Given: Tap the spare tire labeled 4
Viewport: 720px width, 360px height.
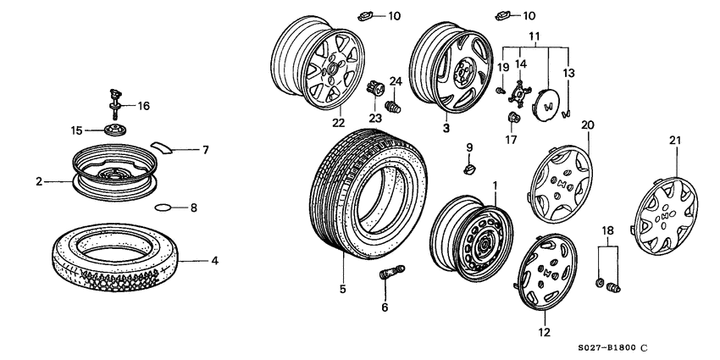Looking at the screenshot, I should [x=119, y=252].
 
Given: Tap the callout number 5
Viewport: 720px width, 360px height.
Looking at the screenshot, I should [x=343, y=289].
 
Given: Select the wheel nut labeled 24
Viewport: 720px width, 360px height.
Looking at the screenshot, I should [x=392, y=108].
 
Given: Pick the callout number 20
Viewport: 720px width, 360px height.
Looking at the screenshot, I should [x=587, y=124].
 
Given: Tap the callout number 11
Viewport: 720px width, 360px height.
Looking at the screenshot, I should [x=534, y=36].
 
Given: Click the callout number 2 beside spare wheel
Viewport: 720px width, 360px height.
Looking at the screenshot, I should [x=39, y=180].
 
